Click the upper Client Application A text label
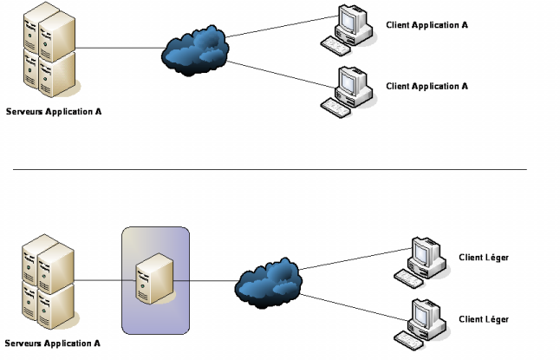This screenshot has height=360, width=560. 427,25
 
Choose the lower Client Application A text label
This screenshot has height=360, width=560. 427,86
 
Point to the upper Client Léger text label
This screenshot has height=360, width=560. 484,258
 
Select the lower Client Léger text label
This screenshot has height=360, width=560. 484,319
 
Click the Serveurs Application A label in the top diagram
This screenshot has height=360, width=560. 53,112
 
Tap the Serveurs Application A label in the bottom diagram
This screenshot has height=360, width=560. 53,343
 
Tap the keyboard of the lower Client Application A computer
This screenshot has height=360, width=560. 336,106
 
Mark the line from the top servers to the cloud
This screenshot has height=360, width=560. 121,49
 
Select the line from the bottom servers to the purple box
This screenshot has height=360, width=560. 100,281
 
